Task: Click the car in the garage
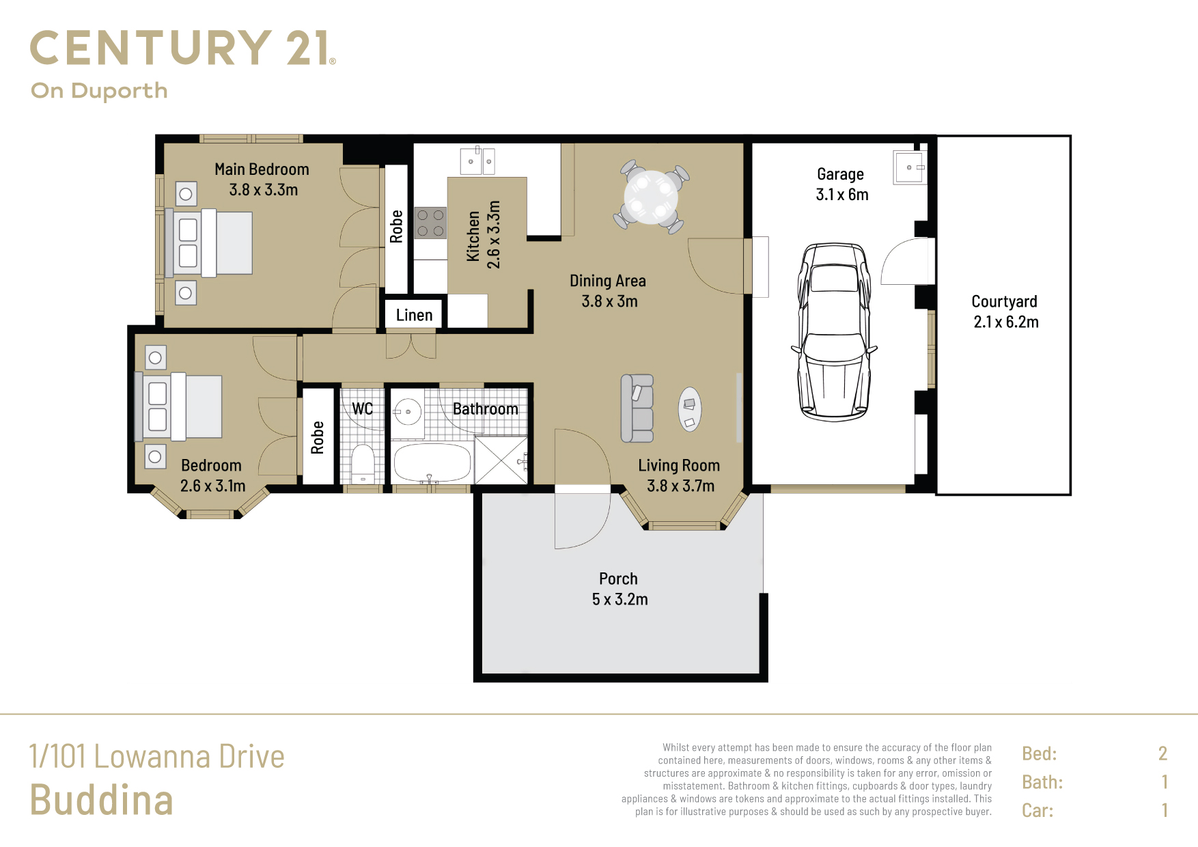[x=834, y=332]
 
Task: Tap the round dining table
[x=651, y=197]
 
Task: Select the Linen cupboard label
[x=415, y=315]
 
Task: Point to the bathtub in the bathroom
[x=432, y=463]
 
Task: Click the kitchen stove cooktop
[x=430, y=223]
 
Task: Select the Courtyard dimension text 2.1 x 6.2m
[x=1006, y=322]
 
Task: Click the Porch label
[x=618, y=579]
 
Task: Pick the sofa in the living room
[x=637, y=408]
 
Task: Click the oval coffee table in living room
[x=690, y=409]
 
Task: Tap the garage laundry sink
[x=910, y=167]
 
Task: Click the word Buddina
[x=101, y=800]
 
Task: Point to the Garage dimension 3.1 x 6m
[x=842, y=195]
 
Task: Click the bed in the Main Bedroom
[x=208, y=243]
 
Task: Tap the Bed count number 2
[x=1162, y=753]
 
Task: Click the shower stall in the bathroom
[x=501, y=460]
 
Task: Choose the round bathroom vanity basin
[x=408, y=412]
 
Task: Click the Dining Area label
[x=608, y=281]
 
